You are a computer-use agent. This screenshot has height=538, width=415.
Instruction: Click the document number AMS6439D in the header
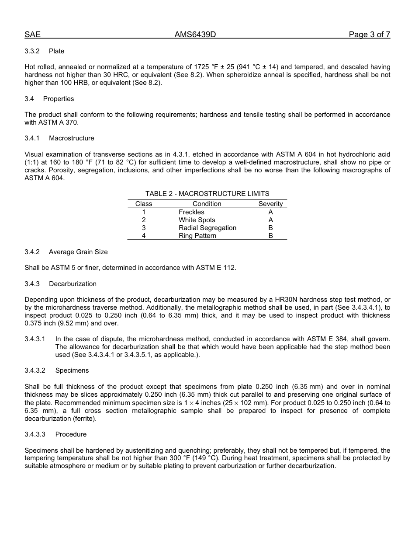(195, 35)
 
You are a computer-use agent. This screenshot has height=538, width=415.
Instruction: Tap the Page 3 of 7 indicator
(369, 35)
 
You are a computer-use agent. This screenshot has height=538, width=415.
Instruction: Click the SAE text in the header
(32, 35)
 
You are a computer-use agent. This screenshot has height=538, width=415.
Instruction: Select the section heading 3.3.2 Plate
(45, 51)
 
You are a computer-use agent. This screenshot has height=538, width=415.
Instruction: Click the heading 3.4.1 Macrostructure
(59, 138)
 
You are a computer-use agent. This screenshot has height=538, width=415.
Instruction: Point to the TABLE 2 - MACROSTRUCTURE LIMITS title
(207, 194)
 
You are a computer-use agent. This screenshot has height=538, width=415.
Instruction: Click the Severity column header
(270, 204)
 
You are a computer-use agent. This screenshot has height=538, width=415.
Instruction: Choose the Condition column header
(207, 204)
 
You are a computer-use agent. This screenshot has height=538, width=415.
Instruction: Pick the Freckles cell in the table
(191, 212)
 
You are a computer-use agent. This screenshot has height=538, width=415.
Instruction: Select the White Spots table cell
(197, 220)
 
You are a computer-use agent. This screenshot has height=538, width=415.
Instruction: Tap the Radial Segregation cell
(207, 228)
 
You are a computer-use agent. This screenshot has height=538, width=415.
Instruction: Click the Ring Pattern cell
(197, 236)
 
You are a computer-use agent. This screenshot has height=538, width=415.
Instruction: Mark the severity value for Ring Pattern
(270, 236)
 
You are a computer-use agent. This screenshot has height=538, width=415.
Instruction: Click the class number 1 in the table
(144, 212)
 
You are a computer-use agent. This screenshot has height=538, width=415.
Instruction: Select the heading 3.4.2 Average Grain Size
(66, 252)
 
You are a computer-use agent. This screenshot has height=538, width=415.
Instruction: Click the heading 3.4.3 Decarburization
(60, 284)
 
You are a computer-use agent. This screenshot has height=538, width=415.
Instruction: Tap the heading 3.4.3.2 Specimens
(57, 370)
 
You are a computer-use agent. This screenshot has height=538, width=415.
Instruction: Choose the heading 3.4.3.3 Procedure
(55, 434)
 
